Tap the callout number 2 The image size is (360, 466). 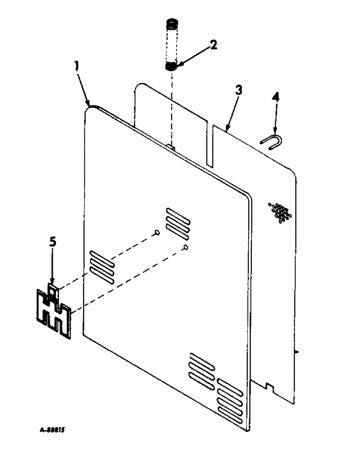(213, 45)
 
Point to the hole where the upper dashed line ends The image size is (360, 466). (157, 233)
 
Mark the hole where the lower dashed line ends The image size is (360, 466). (186, 247)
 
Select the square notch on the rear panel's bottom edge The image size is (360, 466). (268, 386)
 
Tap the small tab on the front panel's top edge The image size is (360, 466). (171, 147)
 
